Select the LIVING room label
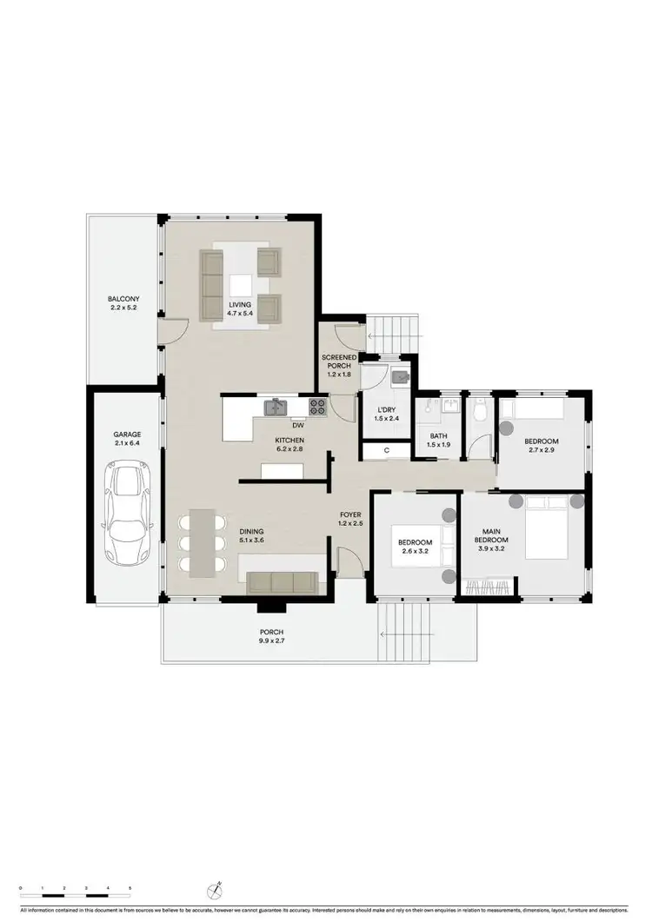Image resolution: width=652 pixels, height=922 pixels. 240,305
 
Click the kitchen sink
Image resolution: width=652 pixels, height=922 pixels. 276,406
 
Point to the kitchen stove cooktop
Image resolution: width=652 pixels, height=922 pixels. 317,405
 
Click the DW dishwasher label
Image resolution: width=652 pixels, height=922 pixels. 297,425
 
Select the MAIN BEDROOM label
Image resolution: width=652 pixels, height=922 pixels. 493,535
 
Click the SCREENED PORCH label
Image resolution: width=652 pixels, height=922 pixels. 339,362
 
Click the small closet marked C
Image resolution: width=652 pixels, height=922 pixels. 385,450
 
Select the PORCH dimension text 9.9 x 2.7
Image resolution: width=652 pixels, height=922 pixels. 272,641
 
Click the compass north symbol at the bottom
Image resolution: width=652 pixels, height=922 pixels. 217,889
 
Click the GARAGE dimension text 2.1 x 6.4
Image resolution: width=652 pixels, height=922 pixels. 127,443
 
